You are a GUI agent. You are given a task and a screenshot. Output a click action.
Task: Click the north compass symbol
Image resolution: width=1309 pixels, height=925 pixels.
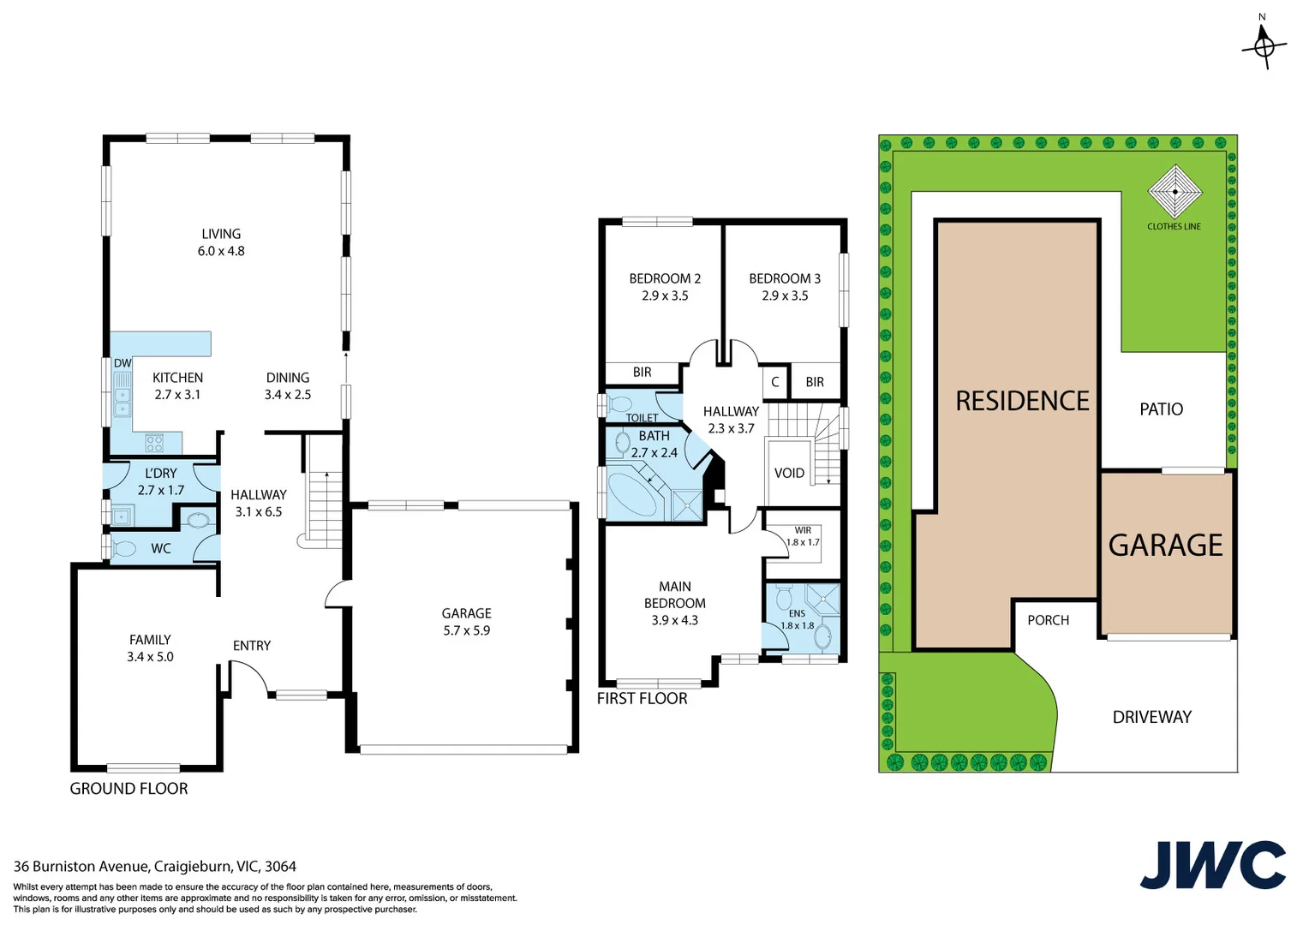(x=1264, y=45)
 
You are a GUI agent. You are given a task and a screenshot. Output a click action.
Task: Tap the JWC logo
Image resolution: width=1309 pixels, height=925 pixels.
(x=1212, y=864)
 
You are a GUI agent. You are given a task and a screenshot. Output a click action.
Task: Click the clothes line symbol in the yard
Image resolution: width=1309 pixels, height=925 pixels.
(x=1175, y=192)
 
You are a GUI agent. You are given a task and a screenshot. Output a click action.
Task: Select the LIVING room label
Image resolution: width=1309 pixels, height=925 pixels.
(x=221, y=234)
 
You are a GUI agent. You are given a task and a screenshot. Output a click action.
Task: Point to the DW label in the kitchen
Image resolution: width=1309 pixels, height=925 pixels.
(x=123, y=363)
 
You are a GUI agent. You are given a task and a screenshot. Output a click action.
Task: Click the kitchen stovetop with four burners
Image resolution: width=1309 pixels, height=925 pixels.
(x=154, y=443)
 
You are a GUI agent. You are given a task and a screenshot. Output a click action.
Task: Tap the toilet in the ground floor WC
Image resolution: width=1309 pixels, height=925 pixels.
(x=123, y=548)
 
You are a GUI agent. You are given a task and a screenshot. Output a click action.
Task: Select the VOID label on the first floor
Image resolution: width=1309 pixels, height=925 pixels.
(x=789, y=473)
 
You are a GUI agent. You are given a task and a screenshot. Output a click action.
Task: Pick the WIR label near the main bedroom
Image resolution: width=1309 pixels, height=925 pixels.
(x=803, y=530)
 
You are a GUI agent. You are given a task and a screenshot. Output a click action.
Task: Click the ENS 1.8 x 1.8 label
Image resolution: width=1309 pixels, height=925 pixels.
(x=797, y=619)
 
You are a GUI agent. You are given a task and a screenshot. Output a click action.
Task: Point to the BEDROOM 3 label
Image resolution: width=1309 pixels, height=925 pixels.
(x=785, y=278)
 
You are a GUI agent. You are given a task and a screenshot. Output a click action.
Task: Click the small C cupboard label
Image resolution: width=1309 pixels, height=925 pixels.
(x=775, y=382)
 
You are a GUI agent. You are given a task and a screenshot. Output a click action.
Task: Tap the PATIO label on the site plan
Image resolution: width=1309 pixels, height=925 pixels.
(x=1161, y=409)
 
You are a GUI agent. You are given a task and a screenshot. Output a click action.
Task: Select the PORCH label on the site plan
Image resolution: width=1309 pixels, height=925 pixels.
(x=1048, y=620)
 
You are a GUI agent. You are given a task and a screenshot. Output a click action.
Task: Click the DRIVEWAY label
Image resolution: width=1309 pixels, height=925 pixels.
(x=1151, y=717)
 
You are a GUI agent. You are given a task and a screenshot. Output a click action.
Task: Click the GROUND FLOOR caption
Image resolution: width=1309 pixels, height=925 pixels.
(x=129, y=789)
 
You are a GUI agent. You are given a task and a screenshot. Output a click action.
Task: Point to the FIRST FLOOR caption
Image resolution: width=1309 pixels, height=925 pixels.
(x=642, y=698)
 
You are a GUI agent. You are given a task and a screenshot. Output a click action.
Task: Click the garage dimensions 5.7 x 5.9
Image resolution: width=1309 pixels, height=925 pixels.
(x=467, y=630)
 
